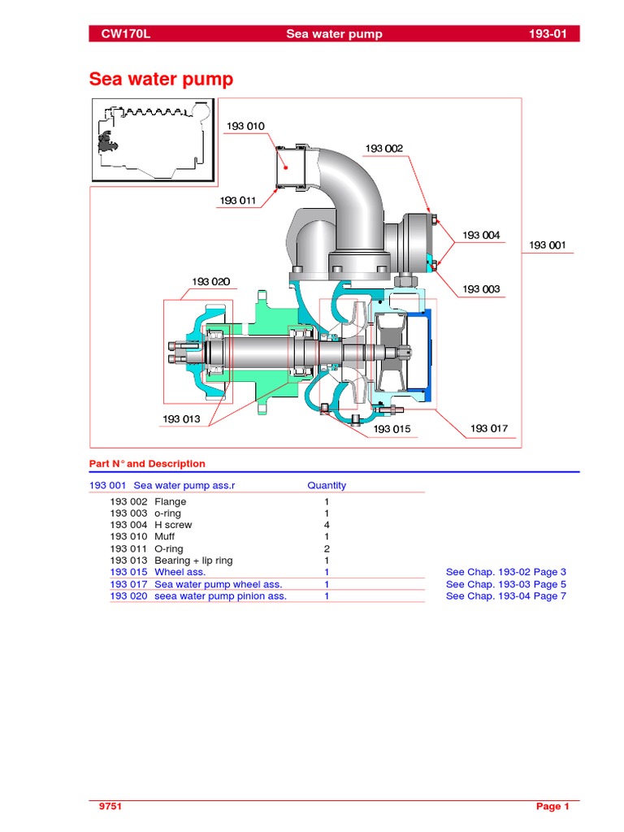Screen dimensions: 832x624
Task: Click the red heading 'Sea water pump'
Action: [161, 80]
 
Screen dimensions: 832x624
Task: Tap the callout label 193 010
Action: [245, 126]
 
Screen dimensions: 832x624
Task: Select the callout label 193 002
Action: [383, 148]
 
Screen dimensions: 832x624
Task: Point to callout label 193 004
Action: [482, 235]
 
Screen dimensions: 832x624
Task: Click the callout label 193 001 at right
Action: [548, 245]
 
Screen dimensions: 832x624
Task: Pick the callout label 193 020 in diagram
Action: [210, 282]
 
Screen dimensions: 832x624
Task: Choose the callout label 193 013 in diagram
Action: [181, 418]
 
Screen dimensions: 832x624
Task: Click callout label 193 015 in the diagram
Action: [392, 428]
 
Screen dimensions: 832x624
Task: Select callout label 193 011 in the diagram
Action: [238, 200]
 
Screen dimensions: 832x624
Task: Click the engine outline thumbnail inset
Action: [152, 141]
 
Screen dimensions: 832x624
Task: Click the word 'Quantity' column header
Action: [327, 485]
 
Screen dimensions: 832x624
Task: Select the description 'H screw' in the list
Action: [173, 525]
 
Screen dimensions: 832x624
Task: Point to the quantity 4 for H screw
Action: [327, 525]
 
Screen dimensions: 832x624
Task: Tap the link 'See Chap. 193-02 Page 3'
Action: [505, 572]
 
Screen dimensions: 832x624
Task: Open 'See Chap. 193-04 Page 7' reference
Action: [505, 596]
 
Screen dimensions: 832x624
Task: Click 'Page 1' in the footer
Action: [552, 806]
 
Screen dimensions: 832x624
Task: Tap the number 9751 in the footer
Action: [110, 806]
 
